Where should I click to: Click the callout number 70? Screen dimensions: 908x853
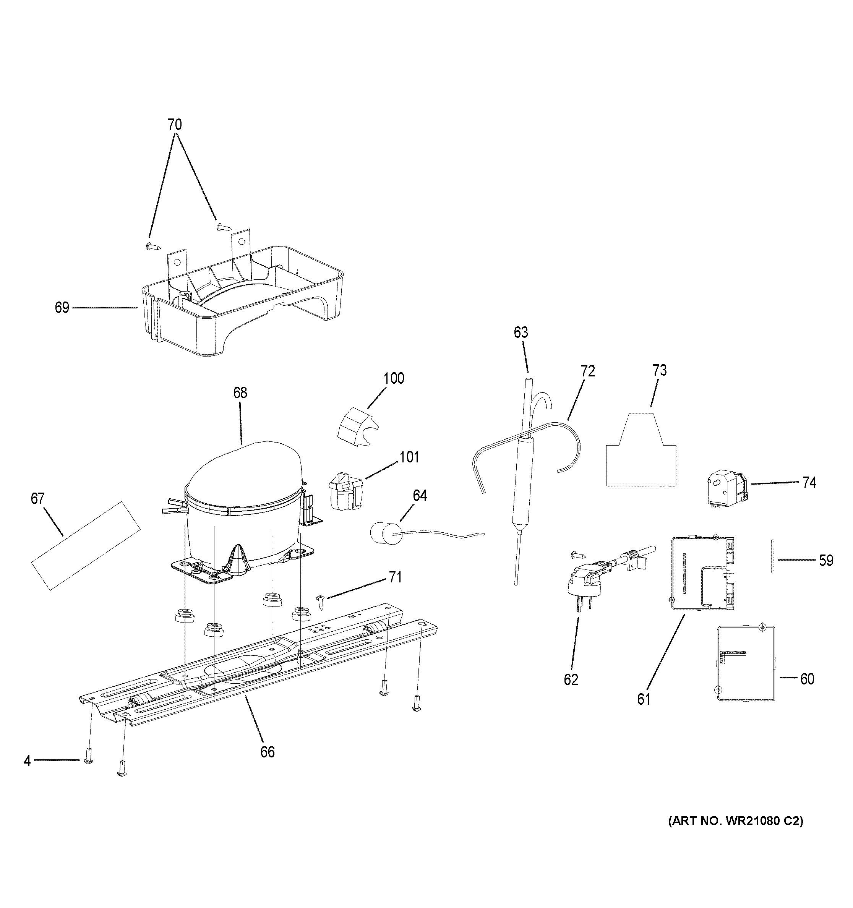pyautogui.click(x=174, y=124)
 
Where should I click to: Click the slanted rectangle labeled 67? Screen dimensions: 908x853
pyautogui.click(x=85, y=545)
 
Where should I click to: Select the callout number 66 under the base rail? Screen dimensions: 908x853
pyautogui.click(x=267, y=751)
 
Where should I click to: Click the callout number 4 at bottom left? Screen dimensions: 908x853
pyautogui.click(x=28, y=761)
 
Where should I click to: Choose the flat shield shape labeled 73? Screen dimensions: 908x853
pyautogui.click(x=640, y=457)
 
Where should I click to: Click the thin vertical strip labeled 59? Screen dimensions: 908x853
pyautogui.click(x=772, y=556)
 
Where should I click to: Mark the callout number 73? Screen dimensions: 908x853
pyautogui.click(x=659, y=370)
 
